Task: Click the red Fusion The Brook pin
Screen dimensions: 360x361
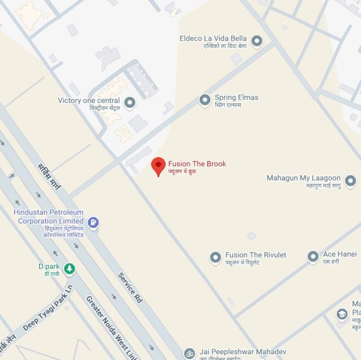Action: (158, 165)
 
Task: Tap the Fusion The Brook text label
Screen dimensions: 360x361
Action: (197, 164)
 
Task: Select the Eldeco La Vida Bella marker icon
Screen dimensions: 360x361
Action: (256, 42)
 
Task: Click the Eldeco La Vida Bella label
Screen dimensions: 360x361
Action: (213, 39)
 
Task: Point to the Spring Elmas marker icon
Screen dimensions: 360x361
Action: (205, 100)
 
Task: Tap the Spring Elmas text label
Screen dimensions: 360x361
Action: (236, 98)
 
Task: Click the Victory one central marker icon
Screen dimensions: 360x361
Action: (129, 103)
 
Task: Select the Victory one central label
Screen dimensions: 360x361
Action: (89, 101)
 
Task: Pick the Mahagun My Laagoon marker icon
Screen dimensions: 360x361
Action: (350, 181)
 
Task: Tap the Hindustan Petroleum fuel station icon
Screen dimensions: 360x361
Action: (93, 222)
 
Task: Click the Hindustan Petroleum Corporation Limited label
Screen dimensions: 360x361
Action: (49, 217)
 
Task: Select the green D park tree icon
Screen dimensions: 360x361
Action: (69, 268)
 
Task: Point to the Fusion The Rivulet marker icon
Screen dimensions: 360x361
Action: (215, 257)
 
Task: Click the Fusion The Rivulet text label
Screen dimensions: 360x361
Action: (256, 255)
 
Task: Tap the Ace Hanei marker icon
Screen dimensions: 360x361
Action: (313, 257)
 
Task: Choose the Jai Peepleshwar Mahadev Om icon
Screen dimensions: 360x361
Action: (189, 353)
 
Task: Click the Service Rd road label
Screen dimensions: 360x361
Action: (130, 288)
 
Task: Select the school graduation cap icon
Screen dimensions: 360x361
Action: (342, 314)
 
